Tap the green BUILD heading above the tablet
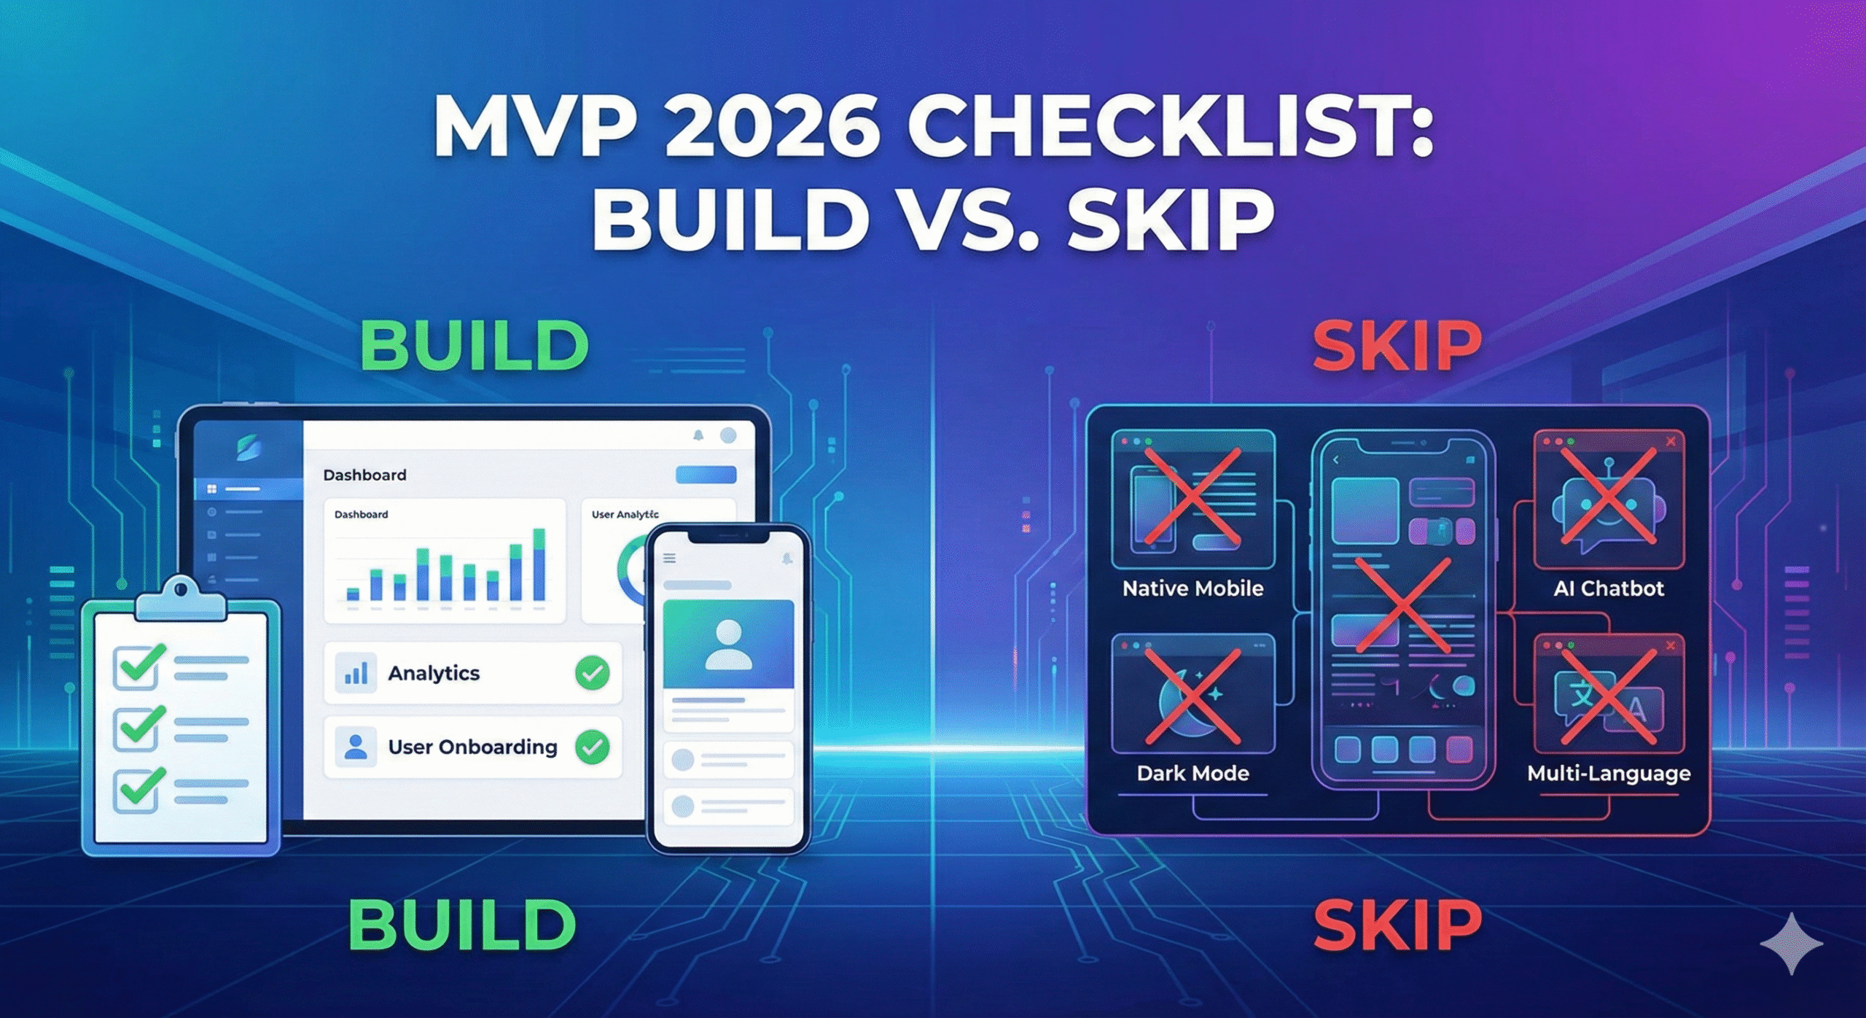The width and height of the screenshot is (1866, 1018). pyautogui.click(x=475, y=346)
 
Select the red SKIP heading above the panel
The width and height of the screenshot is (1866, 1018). pyautogui.click(x=1397, y=346)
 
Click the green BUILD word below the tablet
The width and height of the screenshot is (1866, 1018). pyautogui.click(x=463, y=925)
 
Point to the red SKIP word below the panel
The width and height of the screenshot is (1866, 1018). pyautogui.click(x=1397, y=925)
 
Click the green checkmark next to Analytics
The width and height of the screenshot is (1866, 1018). pyautogui.click(x=593, y=672)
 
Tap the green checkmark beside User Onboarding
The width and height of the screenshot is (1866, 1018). pyautogui.click(x=593, y=747)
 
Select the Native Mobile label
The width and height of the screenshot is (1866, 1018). pyautogui.click(x=1193, y=588)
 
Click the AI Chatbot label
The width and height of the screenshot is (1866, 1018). pyautogui.click(x=1609, y=588)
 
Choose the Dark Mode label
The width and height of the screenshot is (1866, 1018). pyautogui.click(x=1193, y=773)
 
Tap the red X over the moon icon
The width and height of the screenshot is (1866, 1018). pyautogui.click(x=1193, y=696)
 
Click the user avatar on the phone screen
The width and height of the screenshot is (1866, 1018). pyautogui.click(x=728, y=645)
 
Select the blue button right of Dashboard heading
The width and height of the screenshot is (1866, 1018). pyautogui.click(x=706, y=475)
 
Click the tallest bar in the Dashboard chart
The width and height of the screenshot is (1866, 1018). pyautogui.click(x=539, y=565)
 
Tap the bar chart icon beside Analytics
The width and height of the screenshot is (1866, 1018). pyautogui.click(x=356, y=672)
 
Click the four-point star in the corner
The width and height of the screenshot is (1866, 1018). pyautogui.click(x=1792, y=943)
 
